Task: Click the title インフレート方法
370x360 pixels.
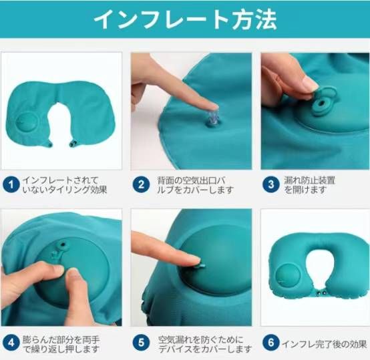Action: [185, 19]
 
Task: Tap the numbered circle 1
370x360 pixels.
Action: [11, 184]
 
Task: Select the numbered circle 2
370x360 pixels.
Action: [141, 184]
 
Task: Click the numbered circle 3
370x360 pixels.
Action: [271, 184]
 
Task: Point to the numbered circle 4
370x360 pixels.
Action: [11, 343]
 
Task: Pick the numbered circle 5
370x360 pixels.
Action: [141, 343]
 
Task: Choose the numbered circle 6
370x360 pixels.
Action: [271, 343]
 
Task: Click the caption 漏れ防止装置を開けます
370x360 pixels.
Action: [309, 185]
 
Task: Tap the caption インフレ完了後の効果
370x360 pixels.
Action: [324, 344]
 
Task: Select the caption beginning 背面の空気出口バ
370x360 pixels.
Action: [196, 185]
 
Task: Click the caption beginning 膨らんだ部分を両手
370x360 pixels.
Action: [61, 344]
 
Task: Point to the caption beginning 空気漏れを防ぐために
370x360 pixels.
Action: [205, 344]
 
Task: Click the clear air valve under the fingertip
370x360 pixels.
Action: [213, 118]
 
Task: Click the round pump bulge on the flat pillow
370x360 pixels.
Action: [27, 122]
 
